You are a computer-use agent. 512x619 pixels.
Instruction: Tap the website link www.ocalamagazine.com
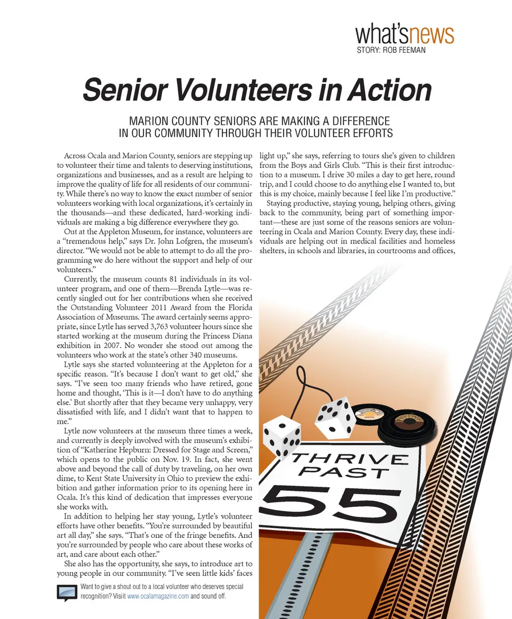(x=158, y=597)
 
